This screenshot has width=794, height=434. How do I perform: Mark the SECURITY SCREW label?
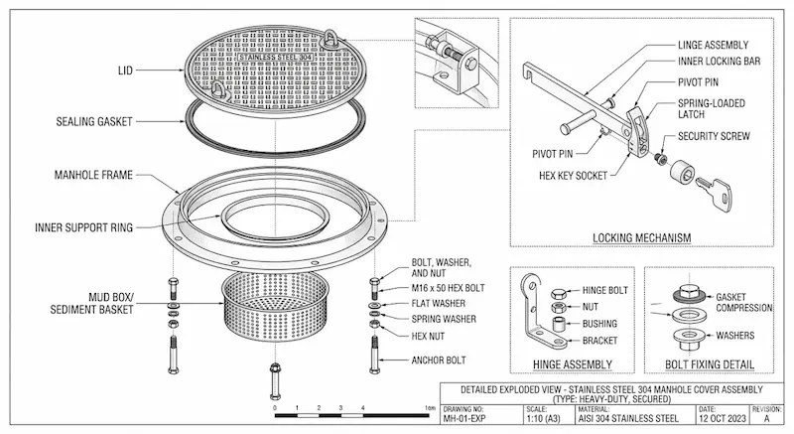714,135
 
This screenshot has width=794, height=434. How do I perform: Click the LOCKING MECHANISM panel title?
641,237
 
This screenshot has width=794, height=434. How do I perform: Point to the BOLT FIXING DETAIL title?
710,363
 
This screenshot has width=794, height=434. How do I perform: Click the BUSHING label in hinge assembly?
599,324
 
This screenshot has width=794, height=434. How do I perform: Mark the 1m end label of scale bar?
429,408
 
